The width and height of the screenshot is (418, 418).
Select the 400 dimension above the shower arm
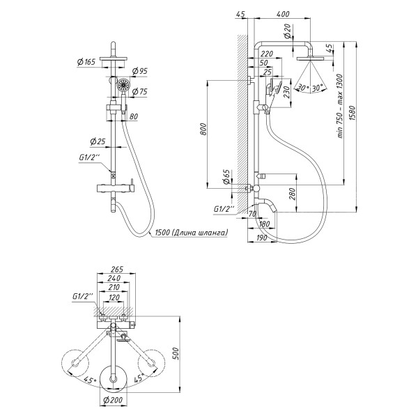coord(282,14)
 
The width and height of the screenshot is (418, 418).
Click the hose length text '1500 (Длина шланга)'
coord(190,233)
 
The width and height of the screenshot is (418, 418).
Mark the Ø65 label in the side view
coord(226,176)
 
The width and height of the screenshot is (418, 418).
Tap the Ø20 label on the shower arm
coord(287,29)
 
